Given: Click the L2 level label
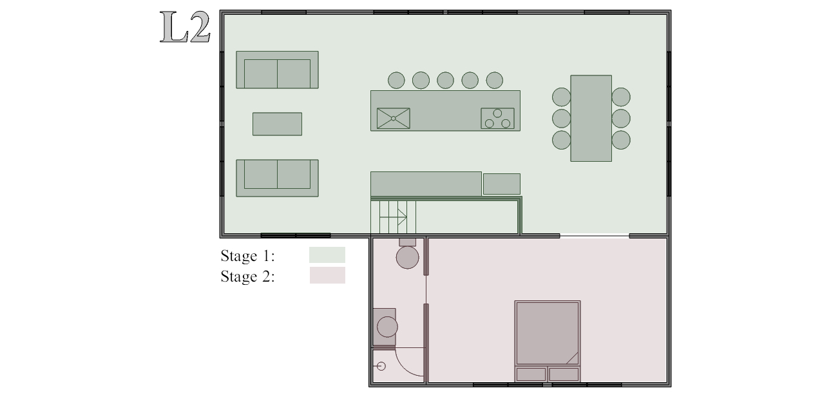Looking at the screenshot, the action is [x=185, y=27].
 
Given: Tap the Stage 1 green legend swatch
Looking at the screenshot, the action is [x=327, y=255].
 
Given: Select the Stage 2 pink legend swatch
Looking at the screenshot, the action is [x=328, y=275].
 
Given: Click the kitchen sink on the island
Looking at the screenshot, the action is [x=393, y=119].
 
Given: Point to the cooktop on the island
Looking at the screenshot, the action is [x=497, y=119].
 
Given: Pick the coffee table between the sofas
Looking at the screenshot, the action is [x=277, y=124].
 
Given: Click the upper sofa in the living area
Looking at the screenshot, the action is [x=277, y=70].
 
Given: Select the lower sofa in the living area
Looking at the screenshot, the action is [x=277, y=178].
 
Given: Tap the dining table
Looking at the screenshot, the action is [x=591, y=119].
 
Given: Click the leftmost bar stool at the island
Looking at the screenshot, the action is [x=396, y=80].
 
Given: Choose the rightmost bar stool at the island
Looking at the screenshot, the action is [x=495, y=80].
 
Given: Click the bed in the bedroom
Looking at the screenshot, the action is [x=548, y=341].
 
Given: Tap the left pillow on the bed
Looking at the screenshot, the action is [x=531, y=374].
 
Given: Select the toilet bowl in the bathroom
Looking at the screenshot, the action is [x=407, y=257].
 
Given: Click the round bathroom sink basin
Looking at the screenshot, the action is [x=387, y=327].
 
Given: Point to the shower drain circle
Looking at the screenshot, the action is [x=381, y=366].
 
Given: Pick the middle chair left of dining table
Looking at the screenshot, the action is [x=561, y=119].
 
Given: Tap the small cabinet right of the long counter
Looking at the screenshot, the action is [x=502, y=184].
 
